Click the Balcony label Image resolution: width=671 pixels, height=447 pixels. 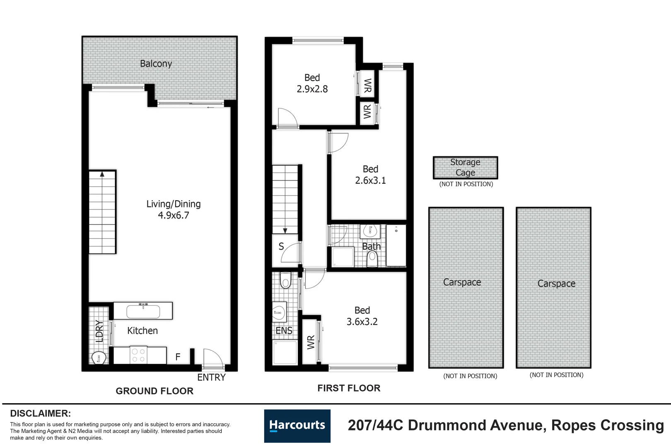tap(156, 64)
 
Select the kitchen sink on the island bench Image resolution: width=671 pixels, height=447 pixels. tap(143, 311)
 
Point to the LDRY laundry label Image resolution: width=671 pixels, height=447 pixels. tap(99, 331)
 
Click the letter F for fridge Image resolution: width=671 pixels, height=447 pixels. tap(178, 357)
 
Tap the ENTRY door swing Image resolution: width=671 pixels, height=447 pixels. tap(213, 358)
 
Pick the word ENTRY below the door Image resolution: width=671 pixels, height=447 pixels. tap(211, 377)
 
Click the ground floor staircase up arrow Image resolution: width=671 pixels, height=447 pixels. tap(102, 175)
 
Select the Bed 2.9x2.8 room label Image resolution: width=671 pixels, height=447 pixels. tap(312, 83)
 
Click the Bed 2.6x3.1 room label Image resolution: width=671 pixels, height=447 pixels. tap(370, 175)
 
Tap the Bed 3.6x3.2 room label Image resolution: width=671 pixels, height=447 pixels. tap(362, 316)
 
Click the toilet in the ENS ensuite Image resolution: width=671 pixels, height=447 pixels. tap(285, 280)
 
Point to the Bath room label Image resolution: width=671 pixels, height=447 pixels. tap(371, 247)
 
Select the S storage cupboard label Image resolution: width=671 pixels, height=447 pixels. tap(281, 247)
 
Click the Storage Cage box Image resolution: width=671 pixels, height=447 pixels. tap(465, 168)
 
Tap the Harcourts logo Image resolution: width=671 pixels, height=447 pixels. tap(297, 425)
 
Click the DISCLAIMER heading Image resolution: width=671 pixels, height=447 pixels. tap(40, 413)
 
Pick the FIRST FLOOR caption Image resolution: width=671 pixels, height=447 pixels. tap(349, 388)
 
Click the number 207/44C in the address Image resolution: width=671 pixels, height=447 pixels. tap(375, 425)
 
